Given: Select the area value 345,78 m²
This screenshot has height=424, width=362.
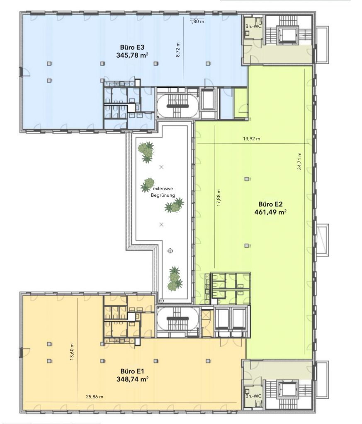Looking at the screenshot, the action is pos(132,55).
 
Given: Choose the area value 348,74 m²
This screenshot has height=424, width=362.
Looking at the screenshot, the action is pos(132,379).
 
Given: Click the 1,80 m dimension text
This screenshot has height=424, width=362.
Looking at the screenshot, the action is pos(197,22).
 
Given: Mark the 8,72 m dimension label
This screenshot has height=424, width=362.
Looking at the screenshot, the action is pos(178,50).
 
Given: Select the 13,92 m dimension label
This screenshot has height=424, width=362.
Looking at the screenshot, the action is pos(252,139).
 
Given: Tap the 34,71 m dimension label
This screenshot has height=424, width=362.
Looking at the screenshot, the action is pos(299,161).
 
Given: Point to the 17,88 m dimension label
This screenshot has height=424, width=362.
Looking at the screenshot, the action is pos(219,198).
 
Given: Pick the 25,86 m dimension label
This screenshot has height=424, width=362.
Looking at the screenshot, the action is pos(95,397).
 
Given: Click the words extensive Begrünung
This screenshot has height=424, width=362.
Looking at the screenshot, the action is pos(163,192).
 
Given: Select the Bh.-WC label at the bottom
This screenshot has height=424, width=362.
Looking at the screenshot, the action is pos(253,396).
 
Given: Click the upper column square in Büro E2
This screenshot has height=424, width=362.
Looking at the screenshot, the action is pos(246,179).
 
